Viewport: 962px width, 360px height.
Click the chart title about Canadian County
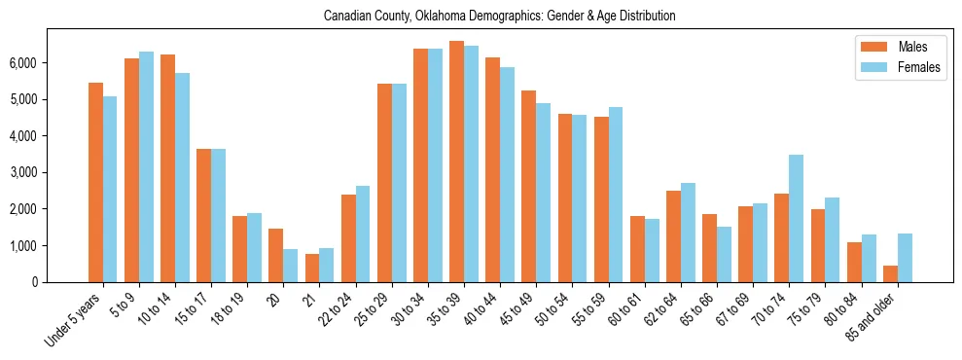pos(499,16)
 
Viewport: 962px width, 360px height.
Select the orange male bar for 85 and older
pos(889,273)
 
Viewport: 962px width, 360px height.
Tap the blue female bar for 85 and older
pos(905,258)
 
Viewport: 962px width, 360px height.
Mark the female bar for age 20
pos(290,266)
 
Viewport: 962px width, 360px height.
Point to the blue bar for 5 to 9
pos(146,166)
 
